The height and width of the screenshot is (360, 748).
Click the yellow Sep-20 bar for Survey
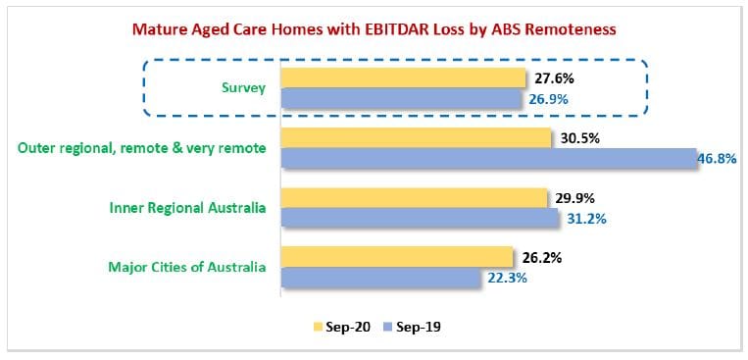pos(403,77)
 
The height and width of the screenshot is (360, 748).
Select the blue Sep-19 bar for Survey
pos(401,100)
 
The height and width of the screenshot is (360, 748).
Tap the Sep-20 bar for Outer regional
pos(416,138)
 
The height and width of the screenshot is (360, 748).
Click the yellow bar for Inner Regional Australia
pos(414,198)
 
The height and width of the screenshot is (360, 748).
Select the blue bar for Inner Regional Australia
pos(420,219)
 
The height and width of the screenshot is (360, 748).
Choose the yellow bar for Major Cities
pos(397,257)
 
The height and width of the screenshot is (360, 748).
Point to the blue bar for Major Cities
pos(380,278)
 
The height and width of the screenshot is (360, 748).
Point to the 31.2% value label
pos(586,219)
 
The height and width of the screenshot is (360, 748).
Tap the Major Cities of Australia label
pos(187,267)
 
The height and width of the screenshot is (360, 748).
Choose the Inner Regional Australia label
pos(187,208)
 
